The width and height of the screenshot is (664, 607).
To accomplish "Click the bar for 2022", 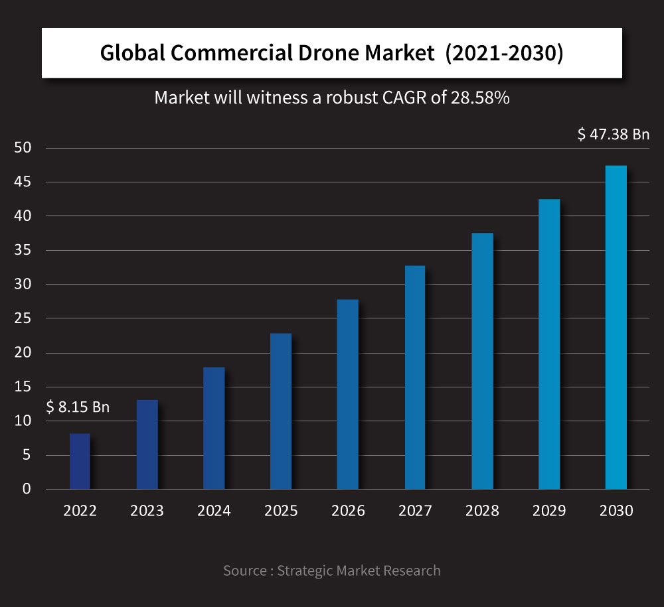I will tap(80, 461).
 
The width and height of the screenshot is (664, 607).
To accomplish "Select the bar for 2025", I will tap(281, 411).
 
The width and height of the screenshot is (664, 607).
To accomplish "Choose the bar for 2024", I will tap(214, 428).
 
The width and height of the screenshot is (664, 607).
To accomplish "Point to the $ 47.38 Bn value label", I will tap(613, 135).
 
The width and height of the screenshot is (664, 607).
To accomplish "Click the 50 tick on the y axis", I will tap(23, 148).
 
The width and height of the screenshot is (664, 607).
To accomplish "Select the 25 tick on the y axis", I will tap(23, 318).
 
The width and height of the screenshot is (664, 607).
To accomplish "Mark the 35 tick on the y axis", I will tap(23, 250).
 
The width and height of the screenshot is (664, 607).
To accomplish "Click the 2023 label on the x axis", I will tap(147, 511).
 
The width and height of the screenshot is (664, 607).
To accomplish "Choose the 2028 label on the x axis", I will tap(482, 511).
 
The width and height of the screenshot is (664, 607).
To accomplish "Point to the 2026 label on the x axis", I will tap(348, 511).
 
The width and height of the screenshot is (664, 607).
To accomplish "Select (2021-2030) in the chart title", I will tap(504, 54).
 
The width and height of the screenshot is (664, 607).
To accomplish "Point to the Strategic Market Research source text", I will tap(359, 571).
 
